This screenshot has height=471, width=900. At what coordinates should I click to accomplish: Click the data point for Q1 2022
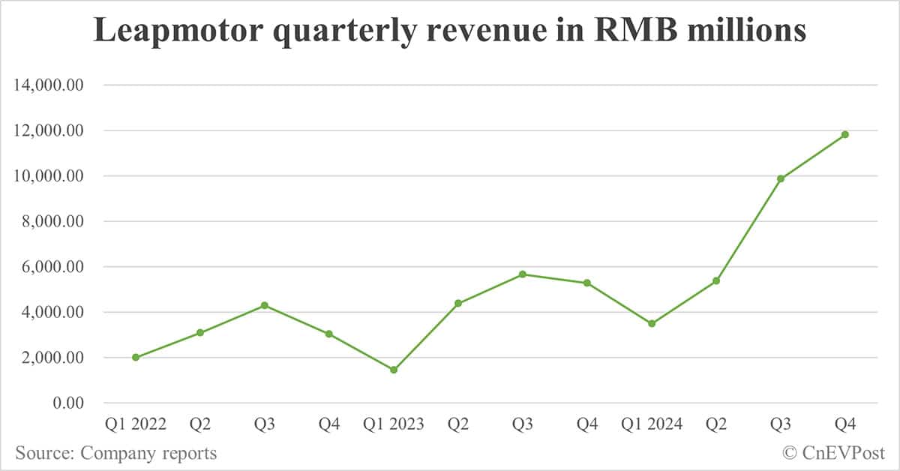click(136, 357)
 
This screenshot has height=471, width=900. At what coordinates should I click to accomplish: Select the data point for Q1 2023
click(394, 370)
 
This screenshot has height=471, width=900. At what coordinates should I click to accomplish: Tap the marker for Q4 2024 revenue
click(845, 134)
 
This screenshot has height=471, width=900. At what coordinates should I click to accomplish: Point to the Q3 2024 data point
click(781, 178)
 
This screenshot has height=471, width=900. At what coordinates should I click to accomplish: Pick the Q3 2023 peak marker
click(523, 274)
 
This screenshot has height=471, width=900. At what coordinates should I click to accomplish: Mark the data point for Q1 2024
click(652, 323)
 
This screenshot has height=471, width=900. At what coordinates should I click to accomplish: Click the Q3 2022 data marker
click(265, 305)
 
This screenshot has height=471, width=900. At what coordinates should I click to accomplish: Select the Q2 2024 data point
click(716, 280)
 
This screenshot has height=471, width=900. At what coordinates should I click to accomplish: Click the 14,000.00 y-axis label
click(48, 85)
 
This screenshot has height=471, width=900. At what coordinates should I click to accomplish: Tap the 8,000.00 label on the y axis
click(52, 221)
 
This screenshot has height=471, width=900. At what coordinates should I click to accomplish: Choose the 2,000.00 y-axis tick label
click(52, 358)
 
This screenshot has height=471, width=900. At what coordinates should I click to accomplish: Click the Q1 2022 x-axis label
click(136, 424)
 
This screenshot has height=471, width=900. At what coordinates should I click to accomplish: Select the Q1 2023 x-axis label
click(394, 424)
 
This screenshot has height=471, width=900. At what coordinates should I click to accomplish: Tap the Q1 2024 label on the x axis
click(652, 424)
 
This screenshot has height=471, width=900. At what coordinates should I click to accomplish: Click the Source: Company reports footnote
click(115, 453)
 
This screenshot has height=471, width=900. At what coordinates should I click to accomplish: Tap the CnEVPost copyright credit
click(833, 453)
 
